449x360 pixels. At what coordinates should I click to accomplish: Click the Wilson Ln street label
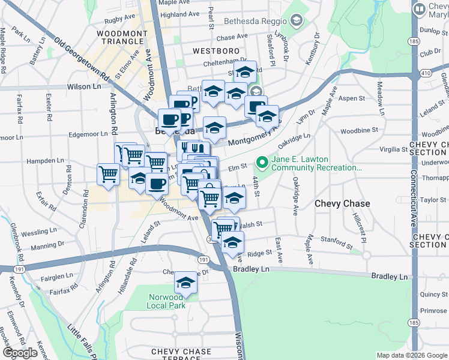(83, 86)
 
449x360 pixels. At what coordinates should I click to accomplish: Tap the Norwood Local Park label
(165, 301)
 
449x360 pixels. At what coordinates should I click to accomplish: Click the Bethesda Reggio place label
(257, 21)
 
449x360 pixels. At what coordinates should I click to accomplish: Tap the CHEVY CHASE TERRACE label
(181, 355)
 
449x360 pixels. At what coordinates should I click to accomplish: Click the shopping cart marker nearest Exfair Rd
(108, 175)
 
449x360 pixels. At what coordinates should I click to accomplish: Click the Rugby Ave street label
(121, 20)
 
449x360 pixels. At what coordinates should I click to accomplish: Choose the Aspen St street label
(352, 98)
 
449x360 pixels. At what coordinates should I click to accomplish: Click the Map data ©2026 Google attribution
(412, 355)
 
